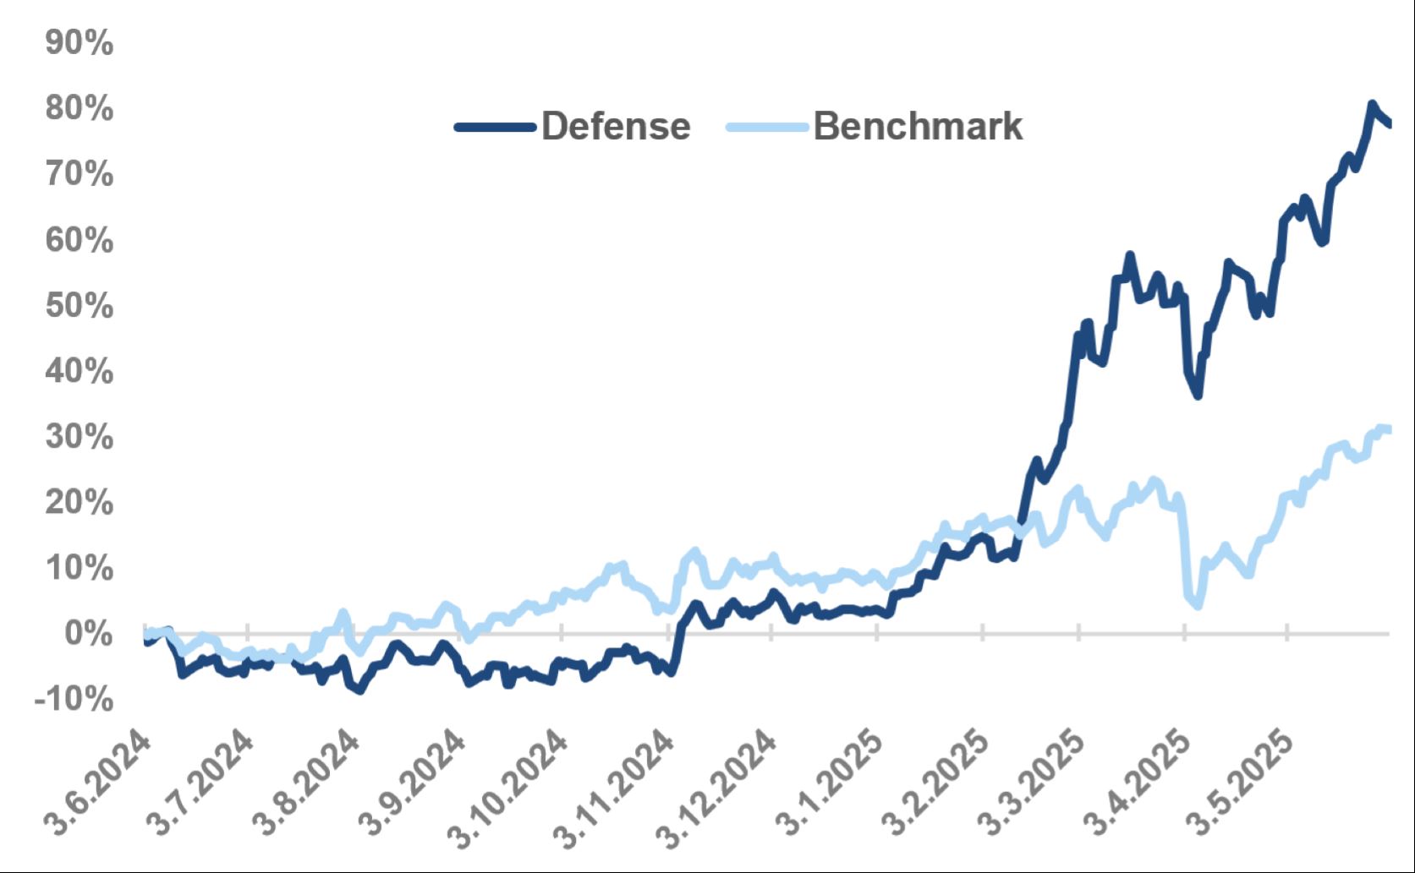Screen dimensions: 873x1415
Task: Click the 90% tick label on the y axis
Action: tap(79, 42)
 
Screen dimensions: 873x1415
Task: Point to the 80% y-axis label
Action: tap(79, 108)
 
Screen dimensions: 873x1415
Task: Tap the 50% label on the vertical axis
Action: tap(79, 305)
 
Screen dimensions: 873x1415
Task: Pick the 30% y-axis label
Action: tap(79, 437)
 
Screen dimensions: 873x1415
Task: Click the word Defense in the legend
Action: tap(616, 127)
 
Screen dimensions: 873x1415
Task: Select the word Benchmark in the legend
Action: tap(918, 127)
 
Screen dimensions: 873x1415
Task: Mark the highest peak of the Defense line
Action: tap(1371, 104)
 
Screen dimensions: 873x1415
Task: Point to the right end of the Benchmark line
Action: tap(1388, 430)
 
